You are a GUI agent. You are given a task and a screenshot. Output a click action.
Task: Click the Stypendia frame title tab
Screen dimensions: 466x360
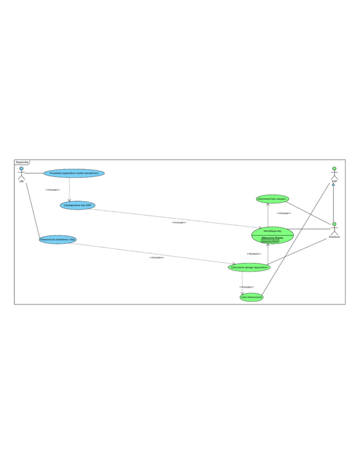[x=22, y=162]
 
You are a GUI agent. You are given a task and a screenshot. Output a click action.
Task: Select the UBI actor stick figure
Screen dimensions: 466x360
[x=21, y=173]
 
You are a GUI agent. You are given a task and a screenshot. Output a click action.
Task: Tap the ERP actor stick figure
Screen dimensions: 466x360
[x=334, y=173]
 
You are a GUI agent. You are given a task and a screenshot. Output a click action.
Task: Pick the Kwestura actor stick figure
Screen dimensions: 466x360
[x=334, y=229]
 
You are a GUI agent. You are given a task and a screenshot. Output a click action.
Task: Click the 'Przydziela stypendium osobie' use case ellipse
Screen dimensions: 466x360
[x=74, y=173]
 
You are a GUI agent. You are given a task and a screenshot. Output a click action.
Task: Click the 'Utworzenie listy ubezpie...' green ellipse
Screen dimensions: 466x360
[x=272, y=199]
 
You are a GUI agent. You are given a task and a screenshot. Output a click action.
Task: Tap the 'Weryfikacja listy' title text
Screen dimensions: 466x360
[x=272, y=231]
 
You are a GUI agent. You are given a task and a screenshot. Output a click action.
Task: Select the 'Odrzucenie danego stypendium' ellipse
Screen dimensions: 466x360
[x=249, y=267]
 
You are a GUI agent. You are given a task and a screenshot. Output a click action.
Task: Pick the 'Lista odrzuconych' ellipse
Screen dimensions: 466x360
[x=251, y=297]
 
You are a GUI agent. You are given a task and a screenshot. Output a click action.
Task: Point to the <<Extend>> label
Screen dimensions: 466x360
[x=254, y=254]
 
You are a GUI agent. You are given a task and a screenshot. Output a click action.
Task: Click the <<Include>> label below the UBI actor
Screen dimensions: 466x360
[x=52, y=190]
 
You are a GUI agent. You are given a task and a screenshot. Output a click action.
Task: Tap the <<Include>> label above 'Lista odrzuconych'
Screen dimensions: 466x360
[x=247, y=287]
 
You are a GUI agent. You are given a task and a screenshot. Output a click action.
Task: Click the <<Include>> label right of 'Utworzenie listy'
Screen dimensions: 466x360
[x=284, y=213]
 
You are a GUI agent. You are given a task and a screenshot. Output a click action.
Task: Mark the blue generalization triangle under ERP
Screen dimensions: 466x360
[x=333, y=184]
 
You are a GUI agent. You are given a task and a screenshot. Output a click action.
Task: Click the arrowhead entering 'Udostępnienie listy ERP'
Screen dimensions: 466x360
[x=69, y=200]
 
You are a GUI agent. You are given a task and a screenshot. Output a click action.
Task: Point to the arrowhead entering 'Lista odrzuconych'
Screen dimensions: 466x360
[x=242, y=293]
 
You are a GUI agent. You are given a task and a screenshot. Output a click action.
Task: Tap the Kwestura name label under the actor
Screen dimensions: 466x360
[x=334, y=237]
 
